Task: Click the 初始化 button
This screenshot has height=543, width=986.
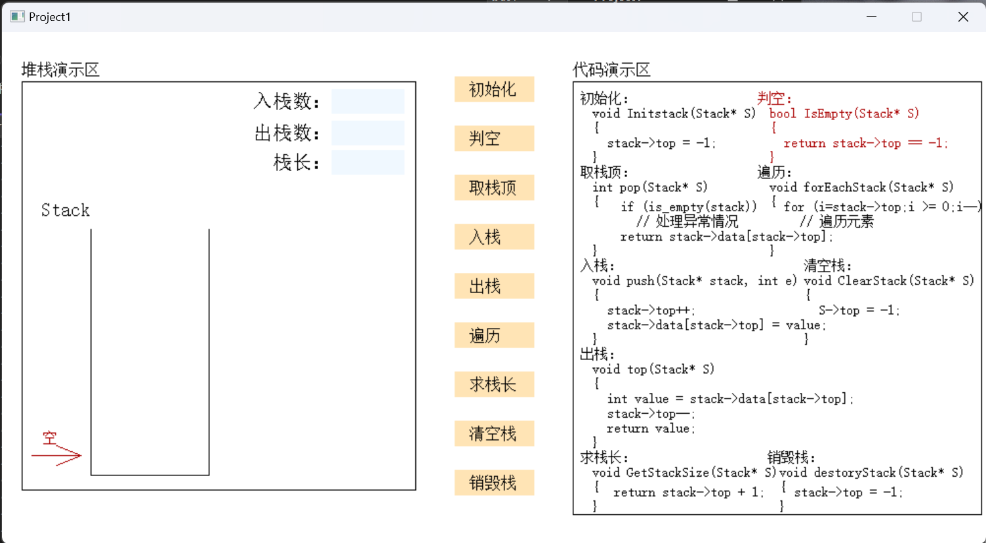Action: tap(495, 89)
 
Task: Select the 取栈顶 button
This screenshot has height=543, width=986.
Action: tap(495, 188)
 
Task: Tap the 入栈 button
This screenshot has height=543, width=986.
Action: tap(495, 237)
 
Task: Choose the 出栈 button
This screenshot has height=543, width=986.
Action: tap(495, 286)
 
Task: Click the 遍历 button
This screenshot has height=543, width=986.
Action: tap(495, 335)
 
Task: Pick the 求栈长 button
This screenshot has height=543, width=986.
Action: tap(495, 384)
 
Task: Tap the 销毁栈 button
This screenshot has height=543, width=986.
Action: tap(495, 483)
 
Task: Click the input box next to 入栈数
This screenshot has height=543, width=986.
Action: tap(368, 102)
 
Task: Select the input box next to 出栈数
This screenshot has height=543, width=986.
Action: tap(368, 133)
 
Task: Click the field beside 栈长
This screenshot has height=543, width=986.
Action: tap(368, 163)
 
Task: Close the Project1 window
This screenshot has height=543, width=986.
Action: tap(963, 16)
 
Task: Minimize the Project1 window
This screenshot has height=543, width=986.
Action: tap(872, 16)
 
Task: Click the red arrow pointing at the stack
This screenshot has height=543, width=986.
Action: tap(56, 455)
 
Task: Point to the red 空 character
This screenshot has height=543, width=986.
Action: tap(50, 438)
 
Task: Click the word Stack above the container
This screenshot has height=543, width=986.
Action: tap(66, 211)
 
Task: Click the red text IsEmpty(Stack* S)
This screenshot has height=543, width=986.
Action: tap(861, 114)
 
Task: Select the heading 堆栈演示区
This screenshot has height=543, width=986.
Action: tap(61, 70)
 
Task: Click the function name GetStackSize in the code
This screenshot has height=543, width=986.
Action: tap(667, 473)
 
